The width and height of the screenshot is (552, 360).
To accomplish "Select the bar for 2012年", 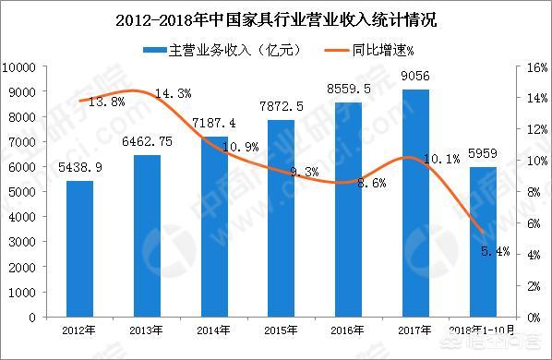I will (x=79, y=249).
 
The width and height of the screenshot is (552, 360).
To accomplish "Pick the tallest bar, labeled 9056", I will (x=415, y=203).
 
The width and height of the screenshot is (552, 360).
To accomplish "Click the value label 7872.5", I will (x=282, y=108).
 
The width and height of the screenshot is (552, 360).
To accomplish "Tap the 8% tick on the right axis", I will (x=533, y=192).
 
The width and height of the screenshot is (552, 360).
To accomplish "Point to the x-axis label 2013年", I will (x=147, y=330).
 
